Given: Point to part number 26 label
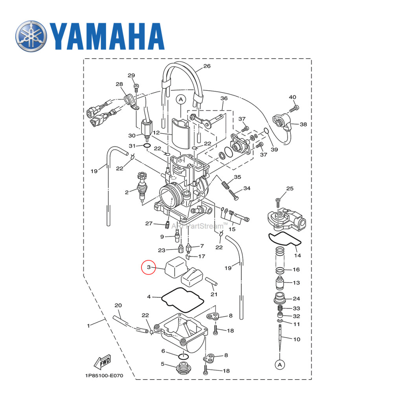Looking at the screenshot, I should pyautogui.click(x=207, y=66).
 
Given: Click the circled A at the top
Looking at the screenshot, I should pyautogui.click(x=181, y=100).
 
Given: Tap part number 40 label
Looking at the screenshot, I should pyautogui.click(x=292, y=97).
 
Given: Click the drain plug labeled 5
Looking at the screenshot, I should pyautogui.click(x=183, y=369).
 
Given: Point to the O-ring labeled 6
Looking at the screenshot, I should pyautogui.click(x=183, y=356).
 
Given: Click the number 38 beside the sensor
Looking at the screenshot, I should pyautogui.click(x=303, y=124).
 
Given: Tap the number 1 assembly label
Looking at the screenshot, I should pyautogui.click(x=88, y=325).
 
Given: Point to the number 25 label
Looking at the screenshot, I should pyautogui.click(x=290, y=189).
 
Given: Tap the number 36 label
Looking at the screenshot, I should pyautogui.click(x=224, y=98).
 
